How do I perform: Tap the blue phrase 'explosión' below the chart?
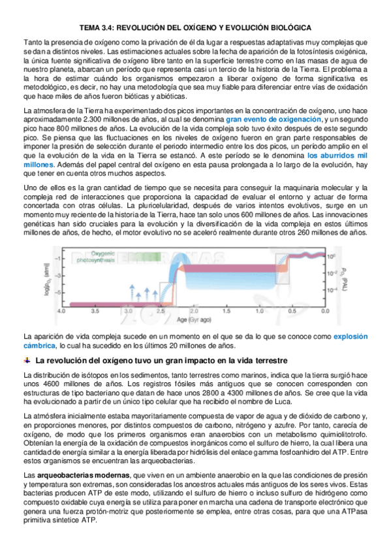[351, 336]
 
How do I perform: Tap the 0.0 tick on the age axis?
[322, 312]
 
